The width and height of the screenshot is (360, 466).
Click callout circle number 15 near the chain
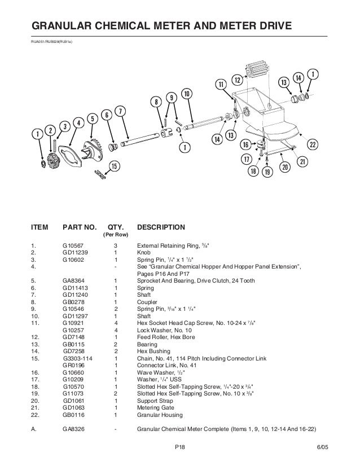tap(114, 166)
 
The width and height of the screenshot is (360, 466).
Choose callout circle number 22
tap(312, 144)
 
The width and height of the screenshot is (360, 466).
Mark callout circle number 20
tap(284, 167)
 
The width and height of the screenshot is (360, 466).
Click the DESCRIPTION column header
tap(161, 227)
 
